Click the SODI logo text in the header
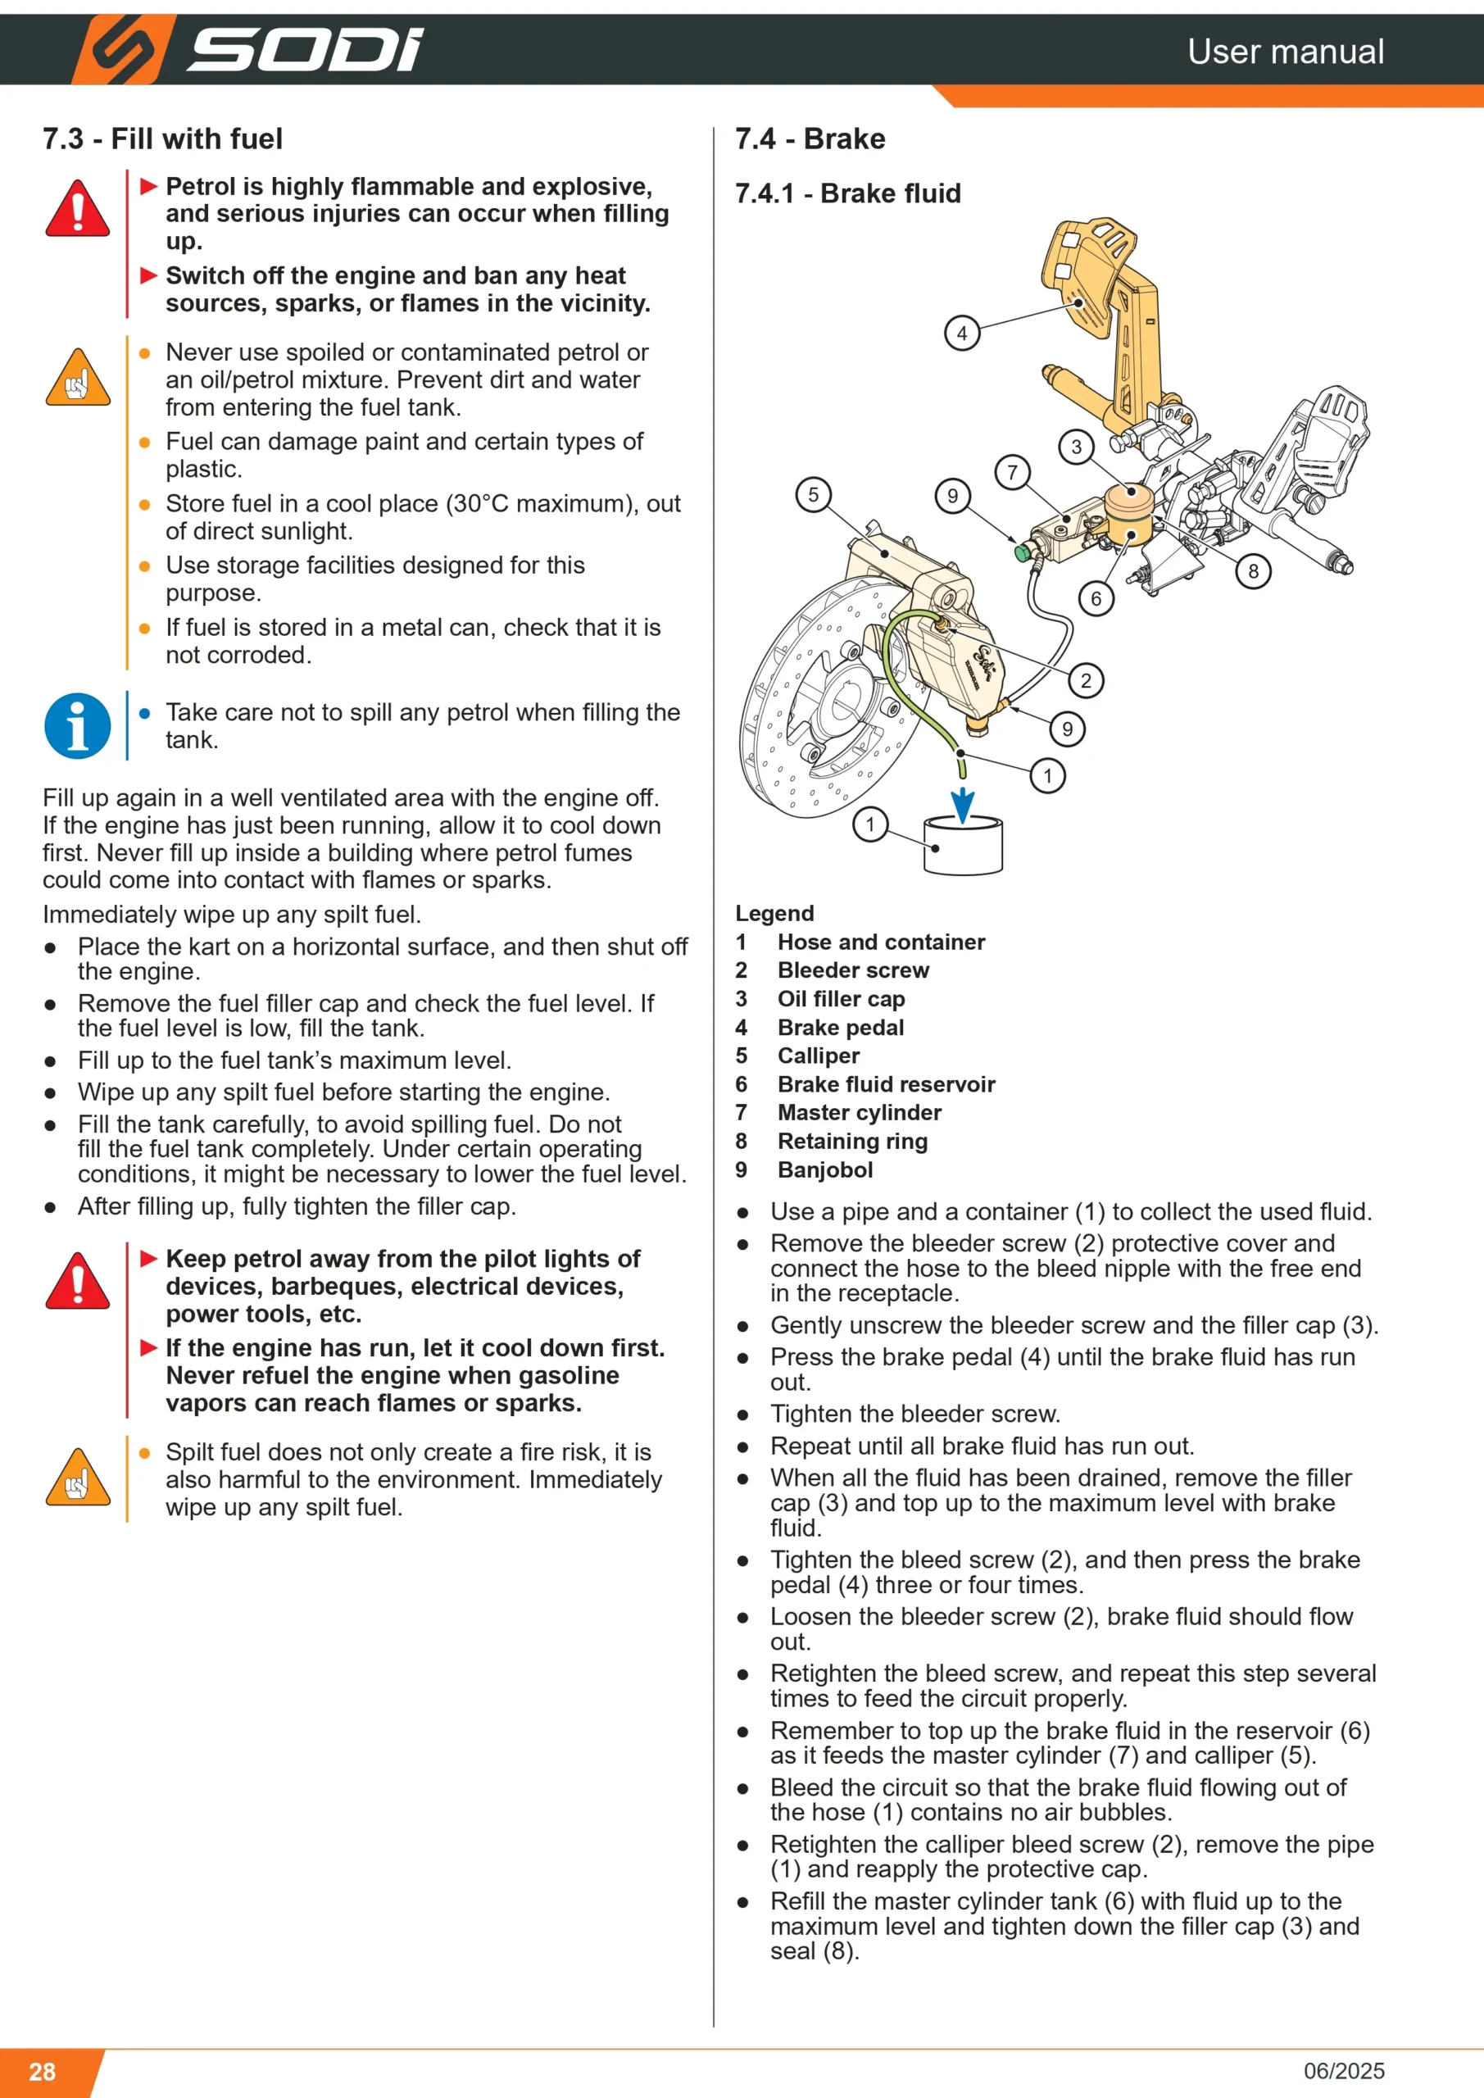[305, 50]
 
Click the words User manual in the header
[1286, 51]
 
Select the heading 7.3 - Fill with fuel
[162, 139]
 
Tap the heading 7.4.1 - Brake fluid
[848, 193]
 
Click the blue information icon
[78, 726]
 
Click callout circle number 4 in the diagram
[961, 334]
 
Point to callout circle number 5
[813, 494]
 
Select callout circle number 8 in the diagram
[1253, 571]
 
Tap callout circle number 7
[1011, 472]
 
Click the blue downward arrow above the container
[962, 806]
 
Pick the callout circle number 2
[1086, 680]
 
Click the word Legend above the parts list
[775, 914]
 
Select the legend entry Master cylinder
[859, 1112]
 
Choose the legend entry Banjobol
[825, 1169]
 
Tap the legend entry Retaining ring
[852, 1142]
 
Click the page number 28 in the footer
[42, 2071]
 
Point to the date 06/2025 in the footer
[1344, 2071]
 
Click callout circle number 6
[1096, 599]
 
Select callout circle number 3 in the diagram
[1077, 447]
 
